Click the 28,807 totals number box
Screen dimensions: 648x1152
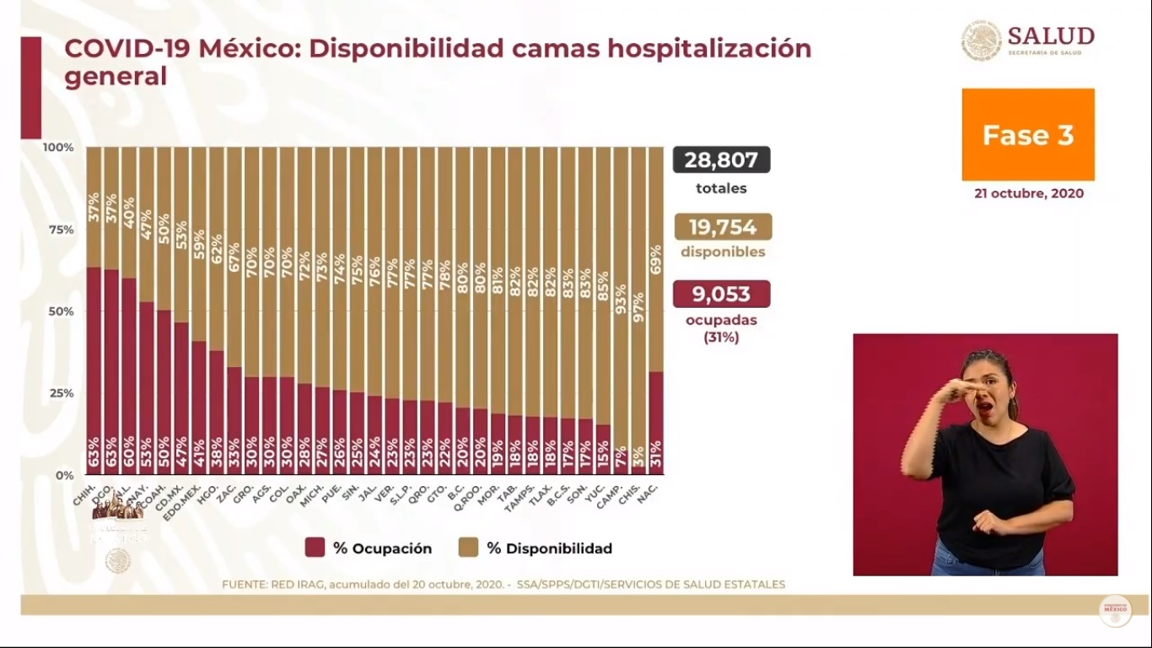click(x=721, y=160)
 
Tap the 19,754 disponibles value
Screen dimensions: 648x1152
click(x=723, y=227)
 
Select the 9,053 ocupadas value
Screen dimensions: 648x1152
click(x=721, y=294)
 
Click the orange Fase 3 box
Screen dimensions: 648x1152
click(x=1028, y=135)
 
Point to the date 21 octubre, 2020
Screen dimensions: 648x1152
click(x=1028, y=193)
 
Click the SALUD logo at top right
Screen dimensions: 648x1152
click(x=1028, y=40)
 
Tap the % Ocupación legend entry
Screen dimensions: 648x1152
click(x=369, y=548)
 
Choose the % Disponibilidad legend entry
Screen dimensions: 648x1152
click(x=536, y=548)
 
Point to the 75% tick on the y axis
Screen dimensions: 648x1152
click(x=58, y=229)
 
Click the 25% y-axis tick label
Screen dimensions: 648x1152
click(x=58, y=393)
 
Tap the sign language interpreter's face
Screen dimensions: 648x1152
click(x=985, y=390)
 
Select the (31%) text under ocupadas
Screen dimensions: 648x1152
click(x=721, y=337)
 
